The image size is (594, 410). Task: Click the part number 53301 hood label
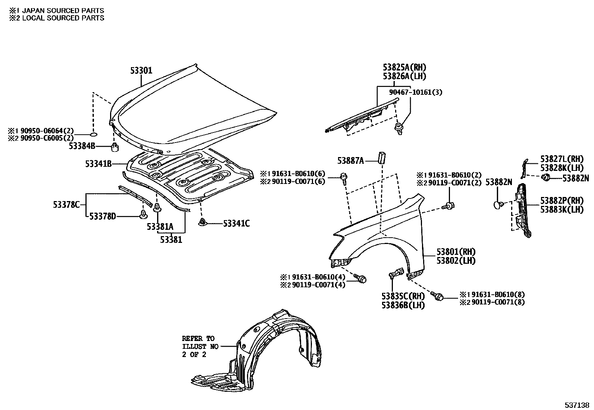pyautogui.click(x=141, y=70)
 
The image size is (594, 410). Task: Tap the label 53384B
pyautogui.click(x=82, y=146)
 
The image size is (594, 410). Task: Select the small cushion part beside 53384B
pyautogui.click(x=115, y=147)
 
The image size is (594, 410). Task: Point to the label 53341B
pyautogui.click(x=98, y=163)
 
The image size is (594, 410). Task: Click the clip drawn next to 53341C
pyautogui.click(x=202, y=223)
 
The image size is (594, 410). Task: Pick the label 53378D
pyautogui.click(x=102, y=216)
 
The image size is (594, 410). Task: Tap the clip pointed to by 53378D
pyautogui.click(x=143, y=214)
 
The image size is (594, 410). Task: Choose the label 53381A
pyautogui.click(x=160, y=226)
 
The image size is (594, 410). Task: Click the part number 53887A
pyautogui.click(x=350, y=160)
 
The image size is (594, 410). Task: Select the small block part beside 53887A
pyautogui.click(x=382, y=157)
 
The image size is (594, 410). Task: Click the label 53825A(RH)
pyautogui.click(x=404, y=68)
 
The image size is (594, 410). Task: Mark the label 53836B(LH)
pyautogui.click(x=403, y=305)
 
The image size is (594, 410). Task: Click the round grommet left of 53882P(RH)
pyautogui.click(x=497, y=204)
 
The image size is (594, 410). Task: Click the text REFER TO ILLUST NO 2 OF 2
pyautogui.click(x=198, y=346)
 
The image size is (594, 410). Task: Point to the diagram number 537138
pyautogui.click(x=576, y=405)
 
